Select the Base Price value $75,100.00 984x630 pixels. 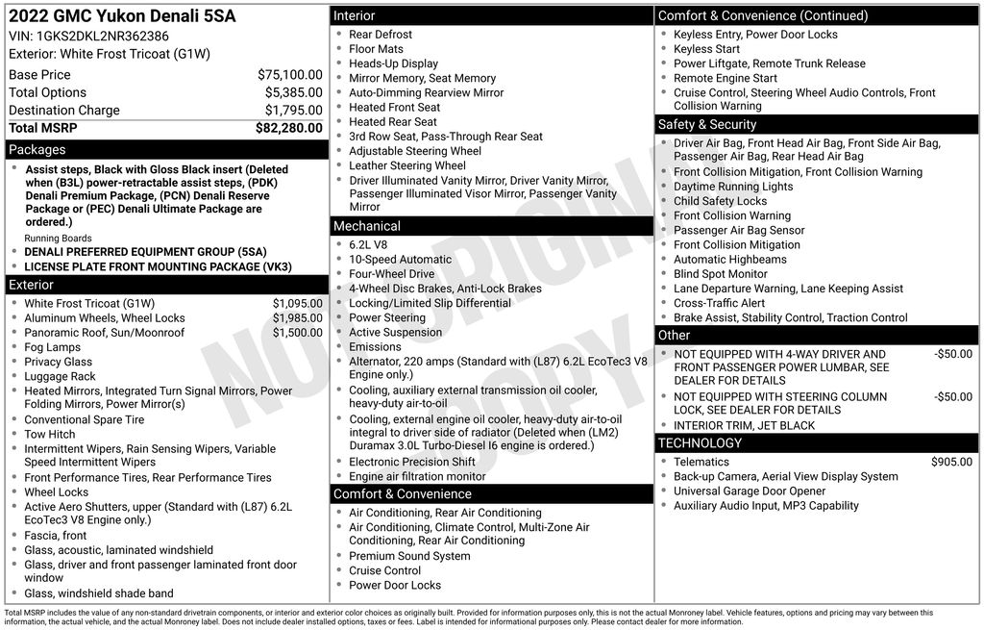tap(289, 74)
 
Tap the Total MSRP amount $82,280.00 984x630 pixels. tap(288, 128)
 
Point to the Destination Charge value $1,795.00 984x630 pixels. tap(293, 111)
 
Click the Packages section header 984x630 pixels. tap(37, 150)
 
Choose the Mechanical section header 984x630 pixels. tap(367, 226)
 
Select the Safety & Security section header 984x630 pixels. tap(707, 125)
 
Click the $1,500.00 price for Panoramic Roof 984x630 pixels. tap(297, 333)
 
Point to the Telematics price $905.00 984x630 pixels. tap(951, 463)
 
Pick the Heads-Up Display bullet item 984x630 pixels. tap(393, 63)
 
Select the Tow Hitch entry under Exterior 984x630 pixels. tap(49, 435)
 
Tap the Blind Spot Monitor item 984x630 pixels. tap(720, 274)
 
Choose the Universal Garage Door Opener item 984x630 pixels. tap(750, 491)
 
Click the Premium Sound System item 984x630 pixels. tap(396, 556)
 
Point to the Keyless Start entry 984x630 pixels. tap(706, 49)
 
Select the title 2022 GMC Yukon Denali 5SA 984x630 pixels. tap(122, 16)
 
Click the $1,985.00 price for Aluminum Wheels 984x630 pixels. tap(297, 318)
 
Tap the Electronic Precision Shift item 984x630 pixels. tap(411, 463)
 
